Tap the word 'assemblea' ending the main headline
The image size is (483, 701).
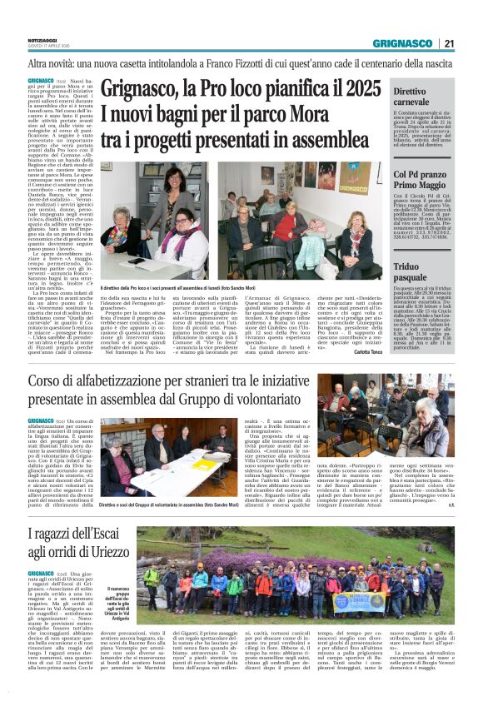coord(327,137)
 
